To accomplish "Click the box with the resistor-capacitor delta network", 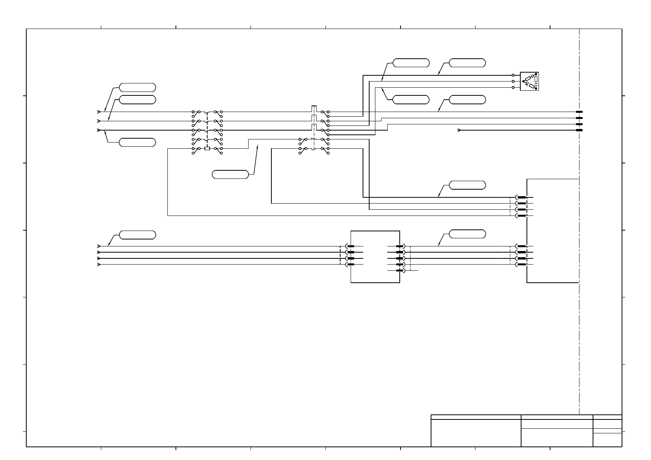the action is [x=529, y=81].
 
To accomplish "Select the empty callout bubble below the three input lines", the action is [x=137, y=142].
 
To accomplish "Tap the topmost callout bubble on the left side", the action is [x=137, y=87].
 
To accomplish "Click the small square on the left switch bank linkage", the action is [x=207, y=148].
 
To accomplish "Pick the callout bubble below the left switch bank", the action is [x=230, y=174].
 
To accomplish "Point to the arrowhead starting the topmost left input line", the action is [x=99, y=112].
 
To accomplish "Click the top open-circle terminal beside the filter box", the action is [x=513, y=75].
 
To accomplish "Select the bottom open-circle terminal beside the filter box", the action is [x=513, y=88].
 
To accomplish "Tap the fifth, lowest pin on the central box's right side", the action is [x=400, y=271].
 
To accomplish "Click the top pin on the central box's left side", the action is [x=351, y=246].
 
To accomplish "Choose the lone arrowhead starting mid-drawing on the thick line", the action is [x=459, y=130].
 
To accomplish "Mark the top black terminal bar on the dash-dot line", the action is [x=579, y=112].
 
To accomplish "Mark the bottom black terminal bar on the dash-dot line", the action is [x=579, y=130].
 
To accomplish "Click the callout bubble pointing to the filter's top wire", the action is [x=467, y=63].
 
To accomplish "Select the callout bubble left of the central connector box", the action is [x=137, y=235].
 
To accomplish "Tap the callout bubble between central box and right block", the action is [x=467, y=234].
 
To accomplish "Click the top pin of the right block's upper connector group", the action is [x=521, y=197].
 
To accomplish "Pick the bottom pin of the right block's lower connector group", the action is [x=521, y=265].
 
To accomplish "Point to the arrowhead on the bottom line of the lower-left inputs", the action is [x=99, y=265].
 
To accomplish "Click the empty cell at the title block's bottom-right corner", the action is [x=607, y=440].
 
